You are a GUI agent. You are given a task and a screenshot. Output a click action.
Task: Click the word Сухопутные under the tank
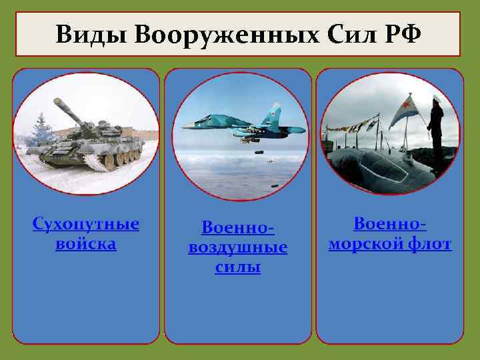(x=86, y=223)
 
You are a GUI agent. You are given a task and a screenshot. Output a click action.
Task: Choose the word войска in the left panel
(x=86, y=243)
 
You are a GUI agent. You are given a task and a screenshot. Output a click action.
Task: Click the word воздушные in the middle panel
(x=238, y=247)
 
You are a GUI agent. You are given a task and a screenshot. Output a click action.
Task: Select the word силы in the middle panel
(x=238, y=267)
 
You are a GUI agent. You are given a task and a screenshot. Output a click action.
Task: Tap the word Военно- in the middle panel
(x=238, y=228)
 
